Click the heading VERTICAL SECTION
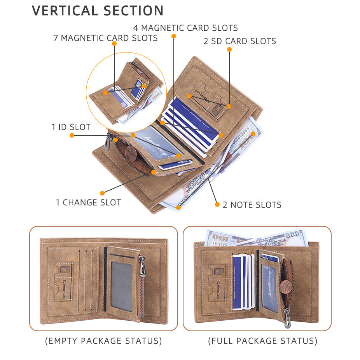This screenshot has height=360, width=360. (x=98, y=10)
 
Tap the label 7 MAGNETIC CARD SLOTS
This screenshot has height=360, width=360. (x=105, y=38)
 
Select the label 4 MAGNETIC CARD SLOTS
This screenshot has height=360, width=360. (x=185, y=28)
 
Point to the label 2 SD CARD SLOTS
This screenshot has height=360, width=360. (x=239, y=41)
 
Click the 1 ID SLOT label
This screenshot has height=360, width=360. (x=71, y=127)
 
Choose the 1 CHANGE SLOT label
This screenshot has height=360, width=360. (x=88, y=203)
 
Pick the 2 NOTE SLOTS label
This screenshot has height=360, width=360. (x=252, y=205)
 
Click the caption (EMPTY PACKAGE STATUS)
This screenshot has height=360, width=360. (x=103, y=341)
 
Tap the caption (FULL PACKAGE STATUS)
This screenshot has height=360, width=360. (x=262, y=341)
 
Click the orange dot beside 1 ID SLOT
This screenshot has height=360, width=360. (x=72, y=135)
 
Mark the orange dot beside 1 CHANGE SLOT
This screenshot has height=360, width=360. (x=102, y=193)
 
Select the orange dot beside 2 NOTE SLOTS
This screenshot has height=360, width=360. (x=217, y=204)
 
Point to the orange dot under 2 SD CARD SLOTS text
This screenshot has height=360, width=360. (x=229, y=49)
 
